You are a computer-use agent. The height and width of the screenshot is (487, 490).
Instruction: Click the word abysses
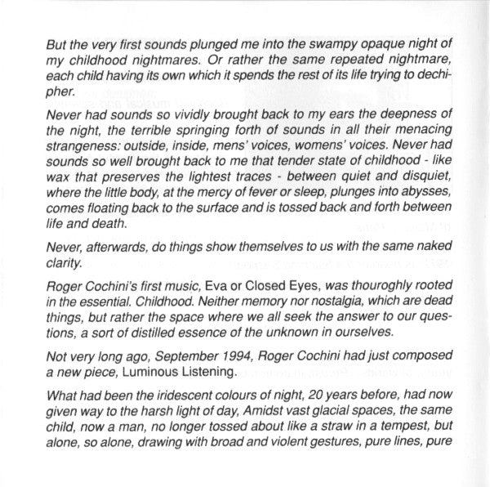(413, 203)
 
